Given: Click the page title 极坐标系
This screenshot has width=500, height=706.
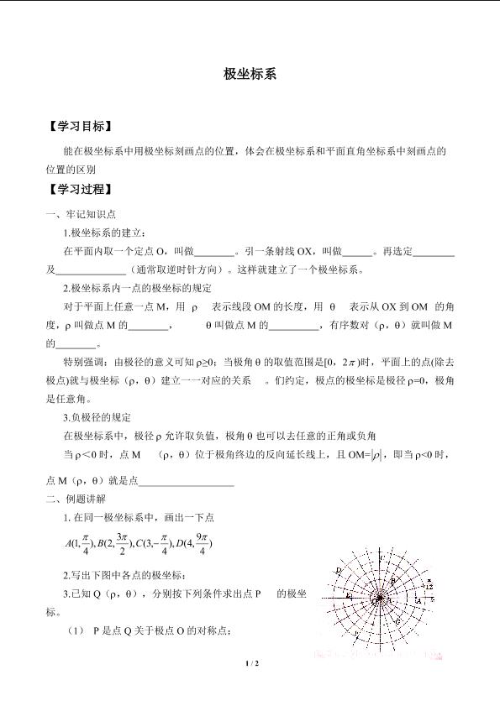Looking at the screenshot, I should [x=250, y=74].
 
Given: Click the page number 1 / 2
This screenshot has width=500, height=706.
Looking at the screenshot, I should [x=250, y=663].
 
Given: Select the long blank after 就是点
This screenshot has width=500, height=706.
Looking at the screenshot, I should [x=186, y=479].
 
